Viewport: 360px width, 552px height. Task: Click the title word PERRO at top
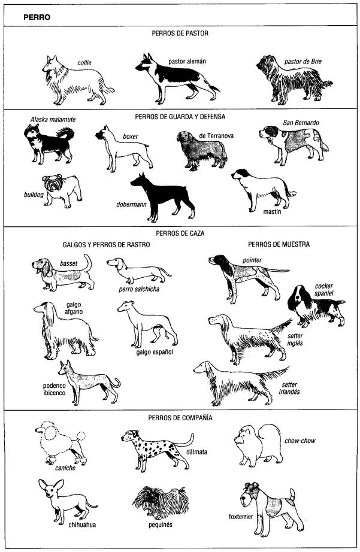(37, 17)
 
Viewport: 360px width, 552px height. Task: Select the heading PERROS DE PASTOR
(180, 34)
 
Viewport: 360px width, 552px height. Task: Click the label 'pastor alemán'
(187, 61)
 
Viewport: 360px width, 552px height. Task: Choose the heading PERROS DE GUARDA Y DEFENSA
(180, 117)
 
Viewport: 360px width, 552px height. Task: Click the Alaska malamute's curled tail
(66, 134)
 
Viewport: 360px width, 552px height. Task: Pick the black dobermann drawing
(163, 197)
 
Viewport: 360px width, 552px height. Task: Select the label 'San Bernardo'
(301, 123)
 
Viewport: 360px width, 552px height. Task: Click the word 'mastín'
(272, 212)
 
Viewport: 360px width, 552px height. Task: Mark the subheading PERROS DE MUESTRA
(279, 244)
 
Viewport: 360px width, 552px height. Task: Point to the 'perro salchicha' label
(139, 289)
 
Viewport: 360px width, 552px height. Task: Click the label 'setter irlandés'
(291, 389)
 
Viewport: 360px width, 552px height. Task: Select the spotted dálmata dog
(158, 450)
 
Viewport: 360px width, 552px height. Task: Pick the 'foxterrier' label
(241, 517)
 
